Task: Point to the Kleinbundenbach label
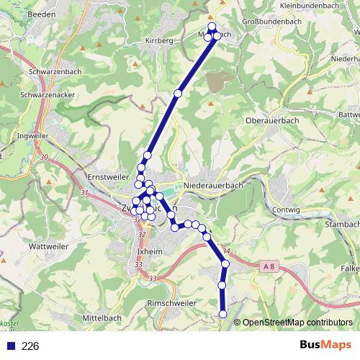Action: coord(311,5)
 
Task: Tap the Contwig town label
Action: coord(286,210)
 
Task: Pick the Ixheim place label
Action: coord(150,251)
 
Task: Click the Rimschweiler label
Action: coord(172,304)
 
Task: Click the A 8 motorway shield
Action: coord(269,267)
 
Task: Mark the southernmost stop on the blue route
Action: coord(223,314)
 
